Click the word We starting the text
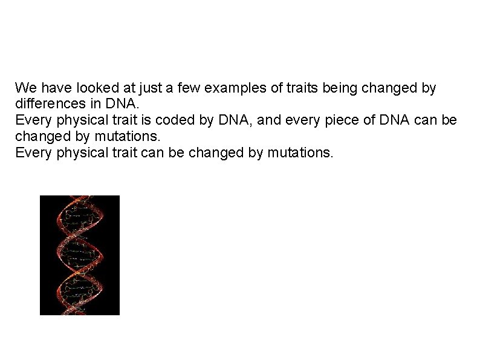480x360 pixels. pyautogui.click(x=25, y=88)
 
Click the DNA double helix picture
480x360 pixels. pyautogui.click(x=79, y=255)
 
